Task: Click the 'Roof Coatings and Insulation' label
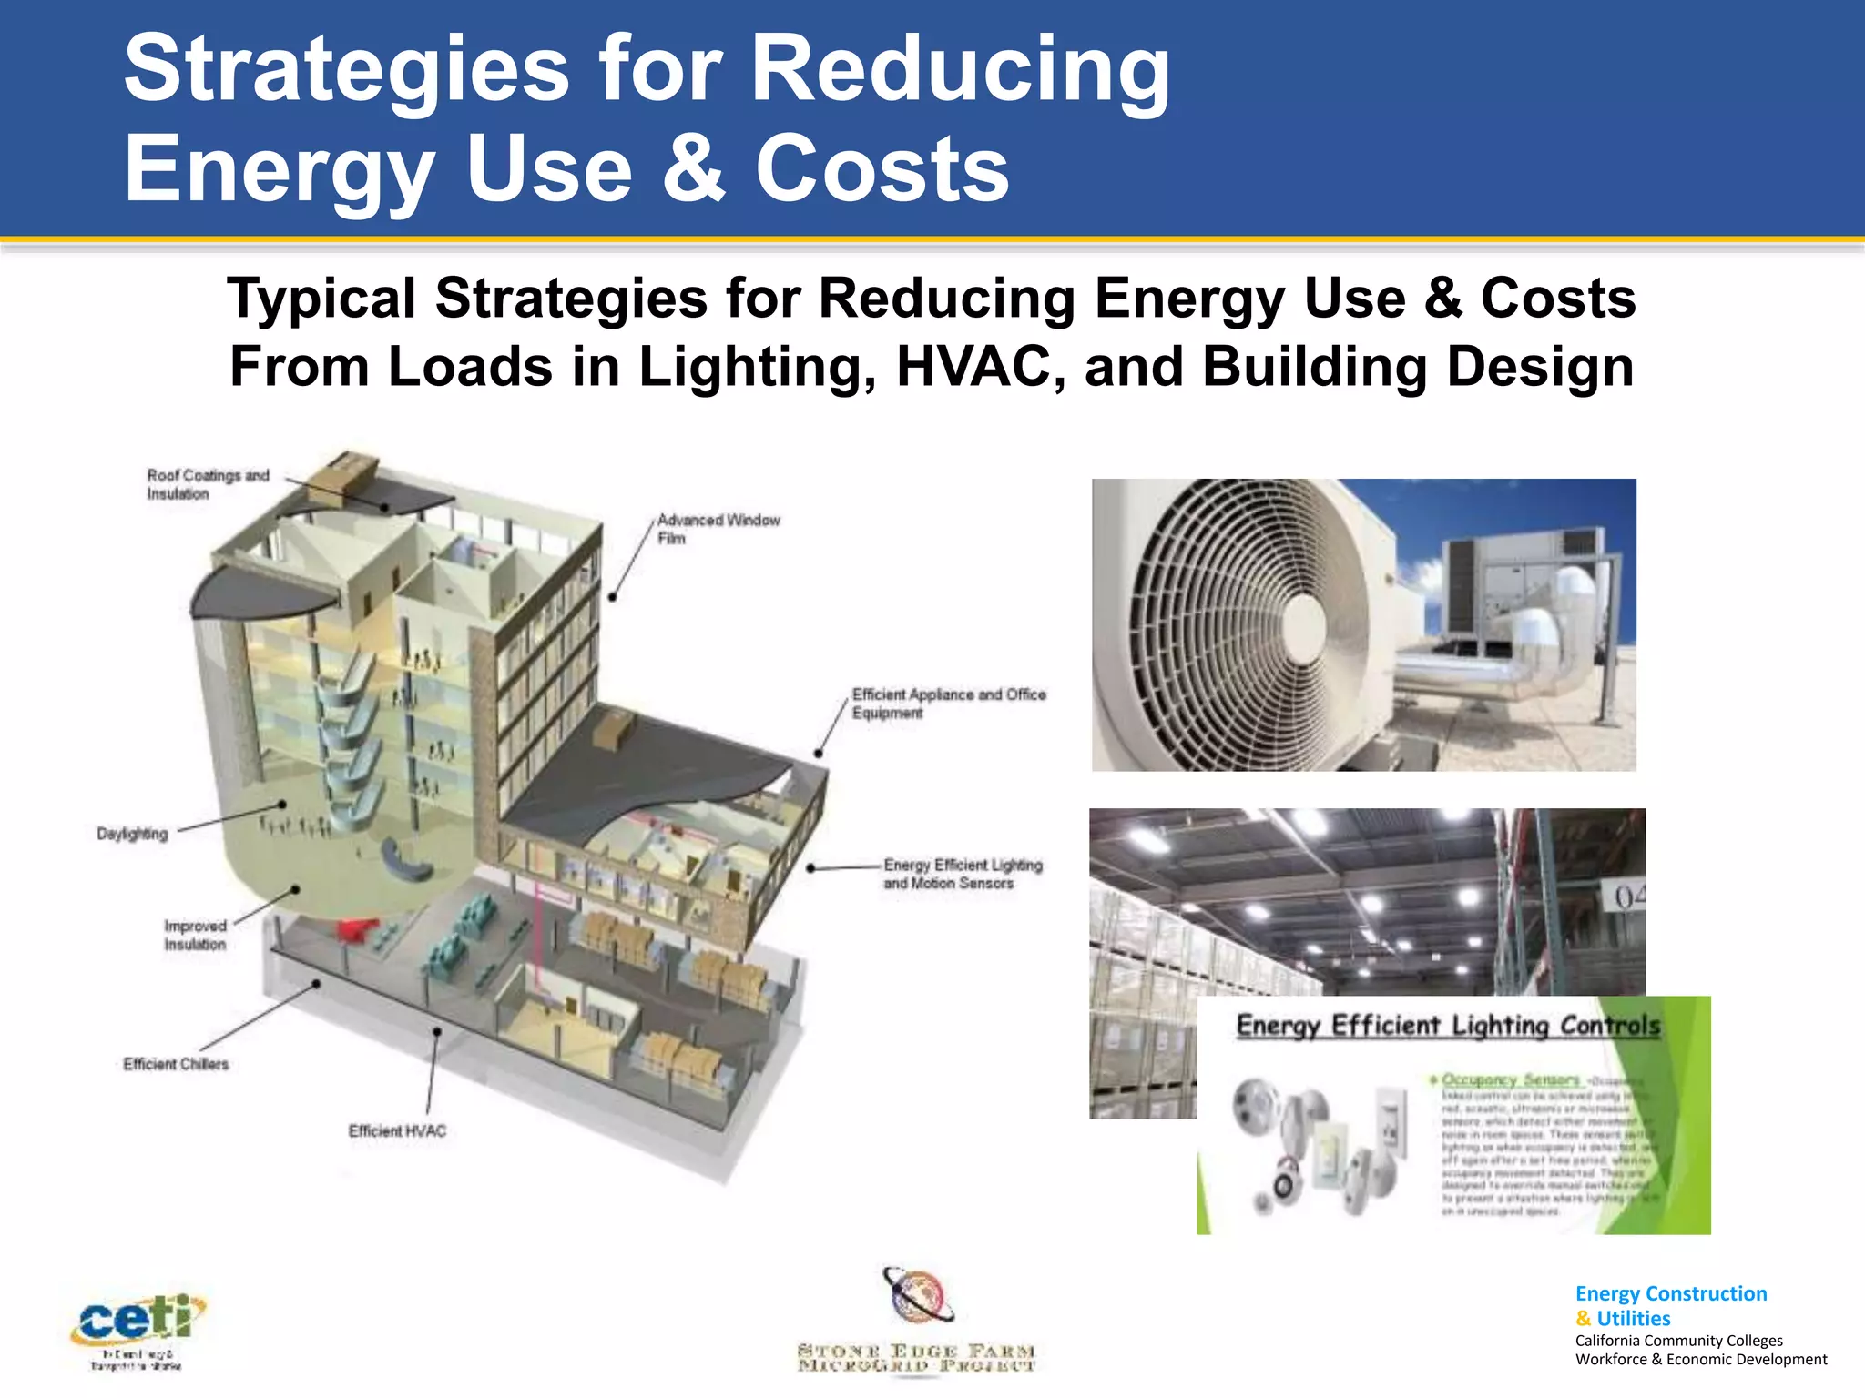click(208, 484)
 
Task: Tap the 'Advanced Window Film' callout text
click(718, 529)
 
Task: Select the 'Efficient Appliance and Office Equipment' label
click(948, 703)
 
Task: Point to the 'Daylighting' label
click(132, 834)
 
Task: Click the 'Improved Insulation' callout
click(195, 935)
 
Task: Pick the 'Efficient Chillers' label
click(176, 1064)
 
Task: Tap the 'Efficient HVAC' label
click(397, 1130)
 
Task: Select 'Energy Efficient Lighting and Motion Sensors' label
click(962, 874)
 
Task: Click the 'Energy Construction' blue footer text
click(1670, 1293)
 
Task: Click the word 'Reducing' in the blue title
click(960, 69)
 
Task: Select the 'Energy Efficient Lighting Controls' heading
click(1448, 1026)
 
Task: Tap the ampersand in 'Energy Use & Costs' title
click(694, 168)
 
